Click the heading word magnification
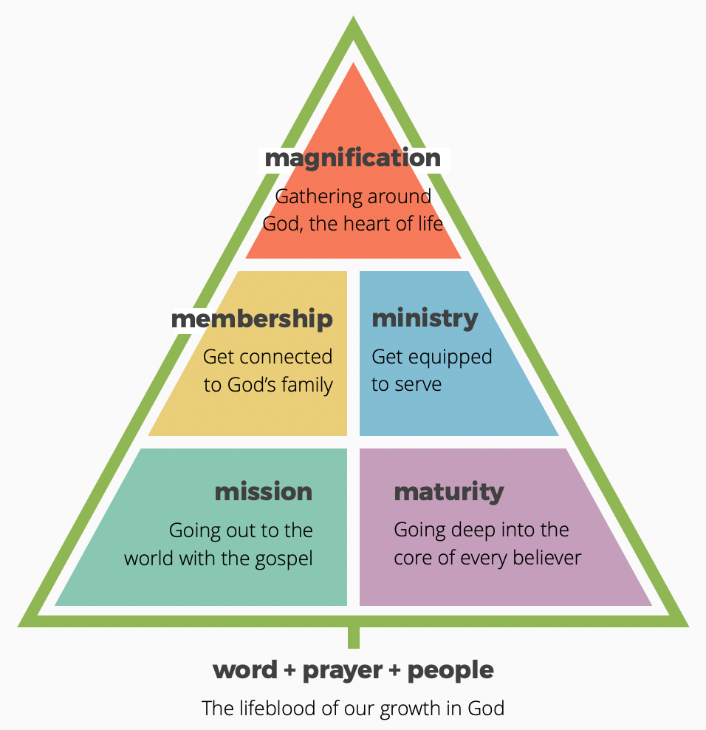click(x=352, y=158)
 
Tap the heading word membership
click(x=252, y=319)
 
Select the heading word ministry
click(x=425, y=318)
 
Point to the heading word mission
click(x=264, y=491)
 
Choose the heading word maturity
click(x=449, y=492)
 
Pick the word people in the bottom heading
click(x=450, y=671)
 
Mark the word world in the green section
click(x=148, y=558)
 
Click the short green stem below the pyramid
click(x=354, y=637)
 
